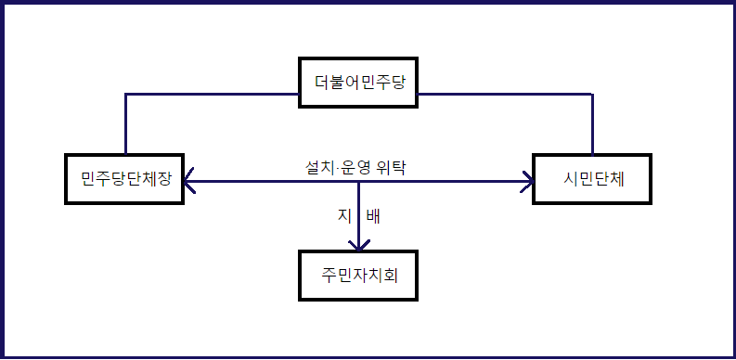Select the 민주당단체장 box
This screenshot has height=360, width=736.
(125, 177)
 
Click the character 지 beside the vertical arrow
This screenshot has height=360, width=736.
(342, 217)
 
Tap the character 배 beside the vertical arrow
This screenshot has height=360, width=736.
(373, 217)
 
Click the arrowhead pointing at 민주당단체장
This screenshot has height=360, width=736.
(188, 181)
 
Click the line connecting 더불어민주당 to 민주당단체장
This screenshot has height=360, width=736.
(213, 94)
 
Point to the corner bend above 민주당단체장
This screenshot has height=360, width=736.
(125, 94)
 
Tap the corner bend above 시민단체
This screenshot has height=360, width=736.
(593, 94)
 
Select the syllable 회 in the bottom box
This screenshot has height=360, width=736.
(403, 275)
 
